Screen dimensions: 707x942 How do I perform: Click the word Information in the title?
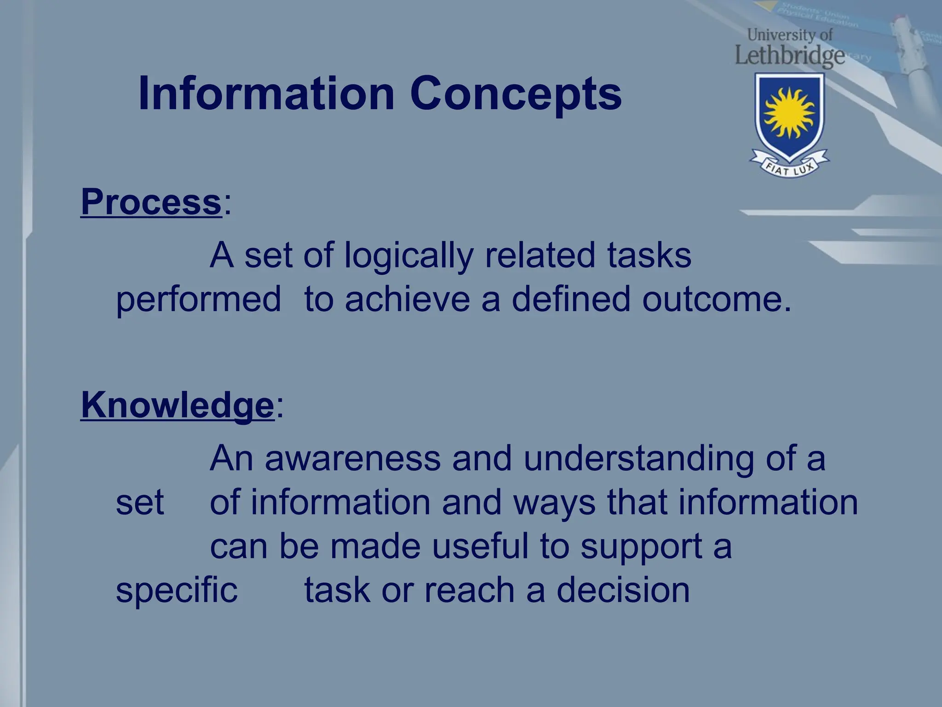pos(266,93)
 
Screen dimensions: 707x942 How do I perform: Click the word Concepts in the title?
pos(515,94)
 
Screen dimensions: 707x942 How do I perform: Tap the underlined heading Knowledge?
pos(177,405)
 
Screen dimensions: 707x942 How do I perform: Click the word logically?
pos(408,256)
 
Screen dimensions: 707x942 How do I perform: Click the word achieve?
pos(407,299)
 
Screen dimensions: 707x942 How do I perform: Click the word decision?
pos(623,590)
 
